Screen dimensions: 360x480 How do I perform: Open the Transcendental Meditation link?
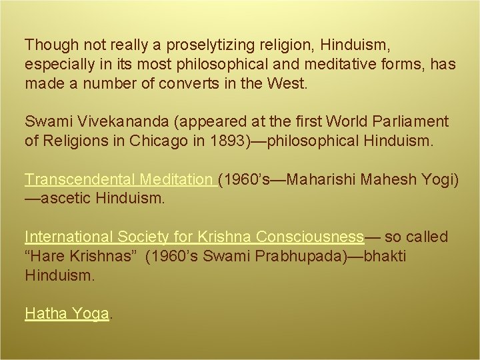[x=120, y=180]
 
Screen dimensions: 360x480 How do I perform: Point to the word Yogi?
[x=436, y=180]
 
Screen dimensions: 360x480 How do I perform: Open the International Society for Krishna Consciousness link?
[x=194, y=237]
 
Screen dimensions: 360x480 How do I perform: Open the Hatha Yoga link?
[x=67, y=313]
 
